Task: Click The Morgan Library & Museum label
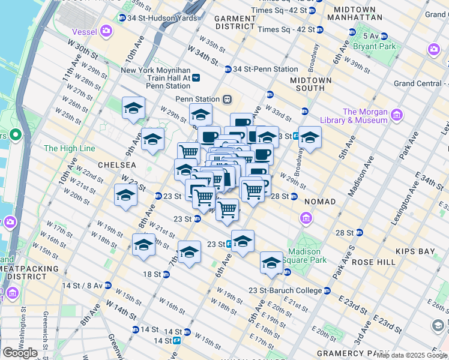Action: tap(365, 116)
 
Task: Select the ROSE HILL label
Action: tap(373, 262)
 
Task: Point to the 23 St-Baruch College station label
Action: tap(285, 291)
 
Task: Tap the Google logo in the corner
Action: tap(20, 353)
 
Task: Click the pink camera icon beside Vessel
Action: tap(106, 30)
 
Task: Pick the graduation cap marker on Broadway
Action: tap(310, 138)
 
